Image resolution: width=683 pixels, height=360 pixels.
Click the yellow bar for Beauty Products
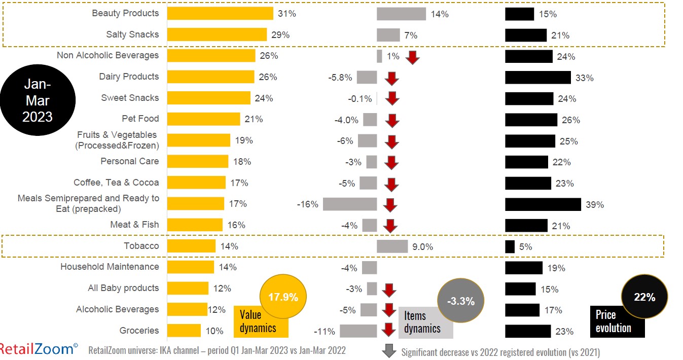tap(220, 14)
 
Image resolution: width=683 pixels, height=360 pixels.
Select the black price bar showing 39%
tap(543, 204)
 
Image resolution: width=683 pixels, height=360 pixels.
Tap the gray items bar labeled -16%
tap(350, 204)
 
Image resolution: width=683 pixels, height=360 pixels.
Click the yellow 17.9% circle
tap(283, 297)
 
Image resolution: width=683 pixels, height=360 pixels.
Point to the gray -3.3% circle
tap(460, 301)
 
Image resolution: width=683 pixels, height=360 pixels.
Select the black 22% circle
tap(644, 297)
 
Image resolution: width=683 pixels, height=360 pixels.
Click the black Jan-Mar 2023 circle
tap(38, 100)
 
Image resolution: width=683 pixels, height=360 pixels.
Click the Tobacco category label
tap(141, 246)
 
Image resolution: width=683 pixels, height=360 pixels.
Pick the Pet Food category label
tap(140, 119)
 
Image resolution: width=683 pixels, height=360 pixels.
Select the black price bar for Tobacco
tap(510, 247)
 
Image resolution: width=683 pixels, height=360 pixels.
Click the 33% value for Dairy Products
tap(584, 78)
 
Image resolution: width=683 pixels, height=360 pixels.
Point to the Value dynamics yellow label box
tap(261, 321)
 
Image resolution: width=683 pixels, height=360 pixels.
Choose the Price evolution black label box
tap(616, 321)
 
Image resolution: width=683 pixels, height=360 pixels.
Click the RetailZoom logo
tap(39, 349)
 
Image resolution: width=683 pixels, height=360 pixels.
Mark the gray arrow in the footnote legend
tap(389, 351)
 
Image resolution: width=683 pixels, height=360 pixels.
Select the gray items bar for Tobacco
tap(392, 246)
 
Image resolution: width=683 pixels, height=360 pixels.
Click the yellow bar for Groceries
tap(184, 331)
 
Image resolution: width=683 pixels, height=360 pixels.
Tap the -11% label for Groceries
tap(325, 332)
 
